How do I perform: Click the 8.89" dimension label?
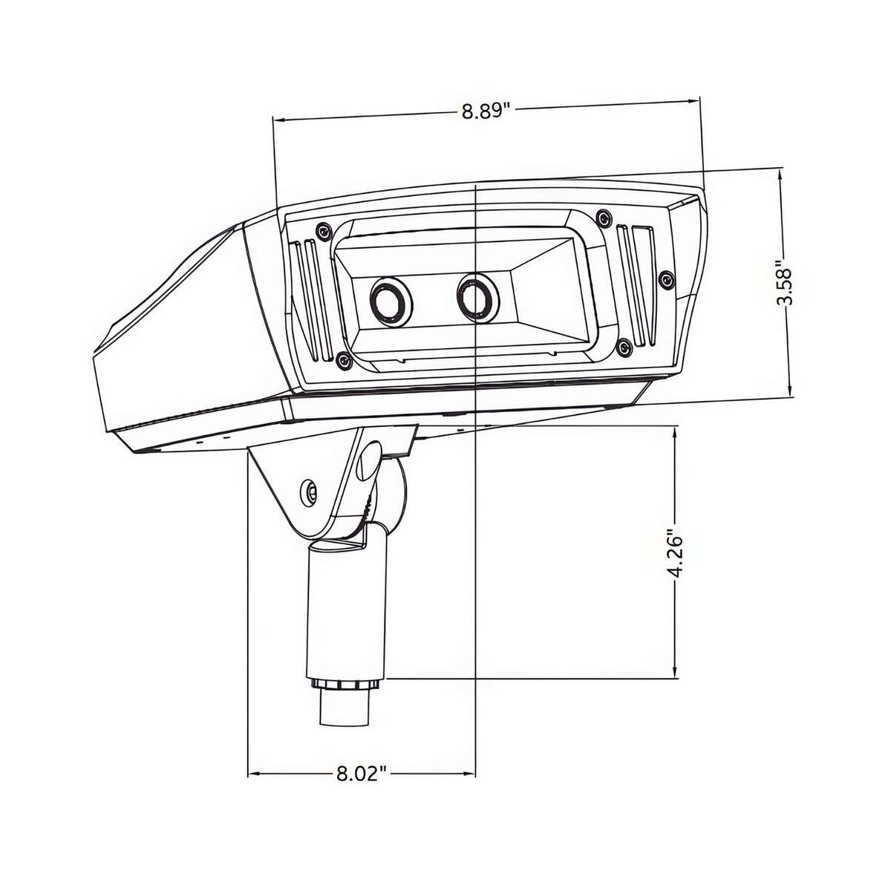(x=485, y=111)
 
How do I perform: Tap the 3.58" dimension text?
(x=784, y=282)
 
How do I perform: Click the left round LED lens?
(x=391, y=302)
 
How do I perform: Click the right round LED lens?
(x=477, y=297)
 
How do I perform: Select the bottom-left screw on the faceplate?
(x=343, y=360)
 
